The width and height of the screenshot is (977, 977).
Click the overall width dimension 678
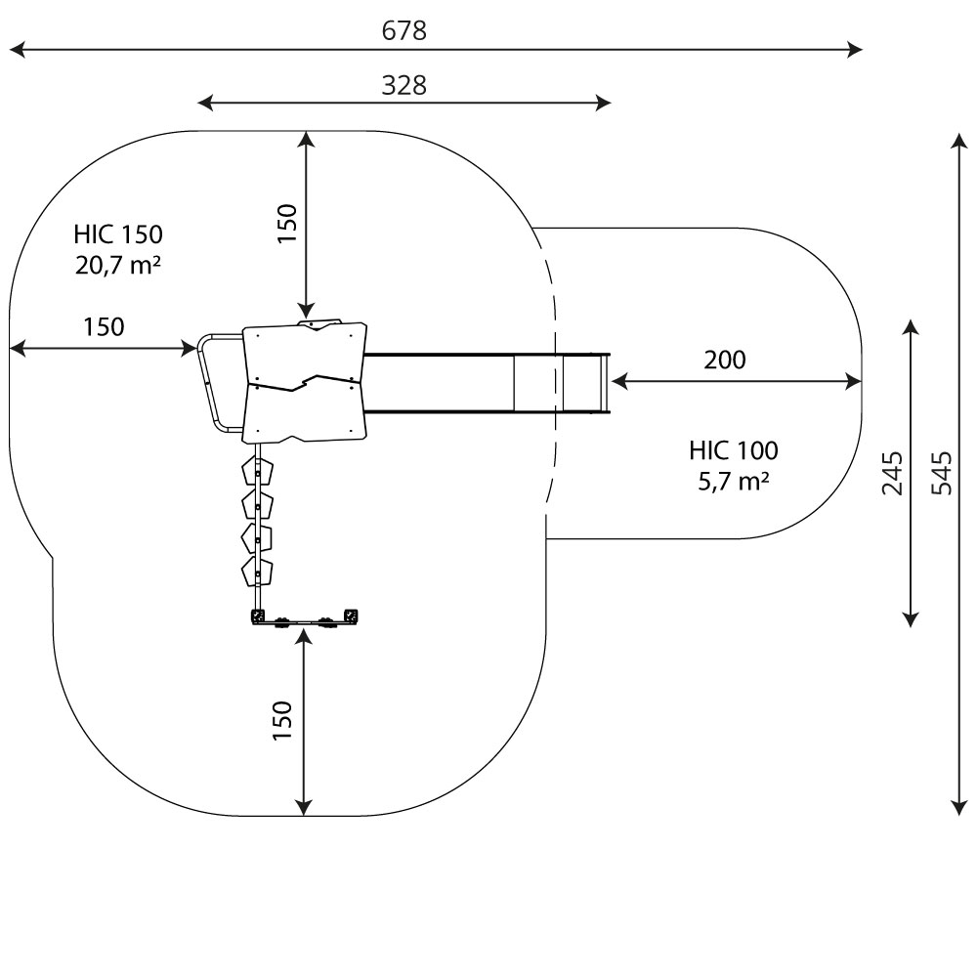tap(404, 31)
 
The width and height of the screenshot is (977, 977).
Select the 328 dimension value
tap(404, 85)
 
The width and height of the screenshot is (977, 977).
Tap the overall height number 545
tap(941, 473)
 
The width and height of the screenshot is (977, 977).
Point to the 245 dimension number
tap(893, 473)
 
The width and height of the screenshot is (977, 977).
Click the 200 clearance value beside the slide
tap(724, 360)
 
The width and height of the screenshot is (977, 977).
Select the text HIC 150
tap(118, 234)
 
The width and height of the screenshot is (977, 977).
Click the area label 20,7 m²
tap(118, 265)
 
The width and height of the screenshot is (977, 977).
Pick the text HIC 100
tap(734, 450)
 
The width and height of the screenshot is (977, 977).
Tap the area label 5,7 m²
tap(734, 481)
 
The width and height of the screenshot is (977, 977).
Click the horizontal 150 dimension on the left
tap(104, 326)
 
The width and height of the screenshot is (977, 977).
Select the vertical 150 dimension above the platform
tap(286, 224)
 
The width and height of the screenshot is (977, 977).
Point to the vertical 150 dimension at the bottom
tap(282, 720)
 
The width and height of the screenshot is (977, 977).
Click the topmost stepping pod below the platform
tap(258, 472)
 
